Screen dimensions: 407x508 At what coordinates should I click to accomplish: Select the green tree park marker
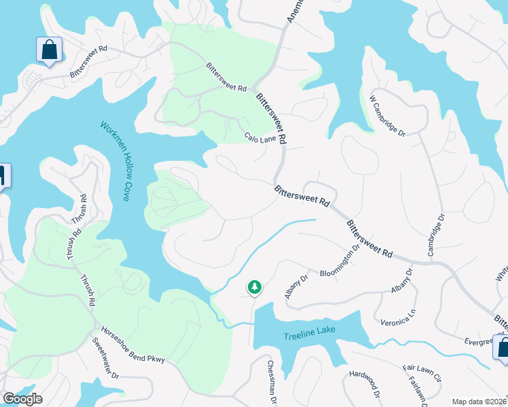pyautogui.click(x=255, y=288)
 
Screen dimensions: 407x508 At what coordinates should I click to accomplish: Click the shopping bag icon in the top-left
pyautogui.click(x=49, y=50)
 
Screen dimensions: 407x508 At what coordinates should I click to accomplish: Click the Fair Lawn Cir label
pyautogui.click(x=422, y=374)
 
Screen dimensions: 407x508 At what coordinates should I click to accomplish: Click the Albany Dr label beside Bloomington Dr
pyautogui.click(x=296, y=286)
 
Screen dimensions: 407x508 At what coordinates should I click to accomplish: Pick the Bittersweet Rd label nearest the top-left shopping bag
pyautogui.click(x=89, y=59)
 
